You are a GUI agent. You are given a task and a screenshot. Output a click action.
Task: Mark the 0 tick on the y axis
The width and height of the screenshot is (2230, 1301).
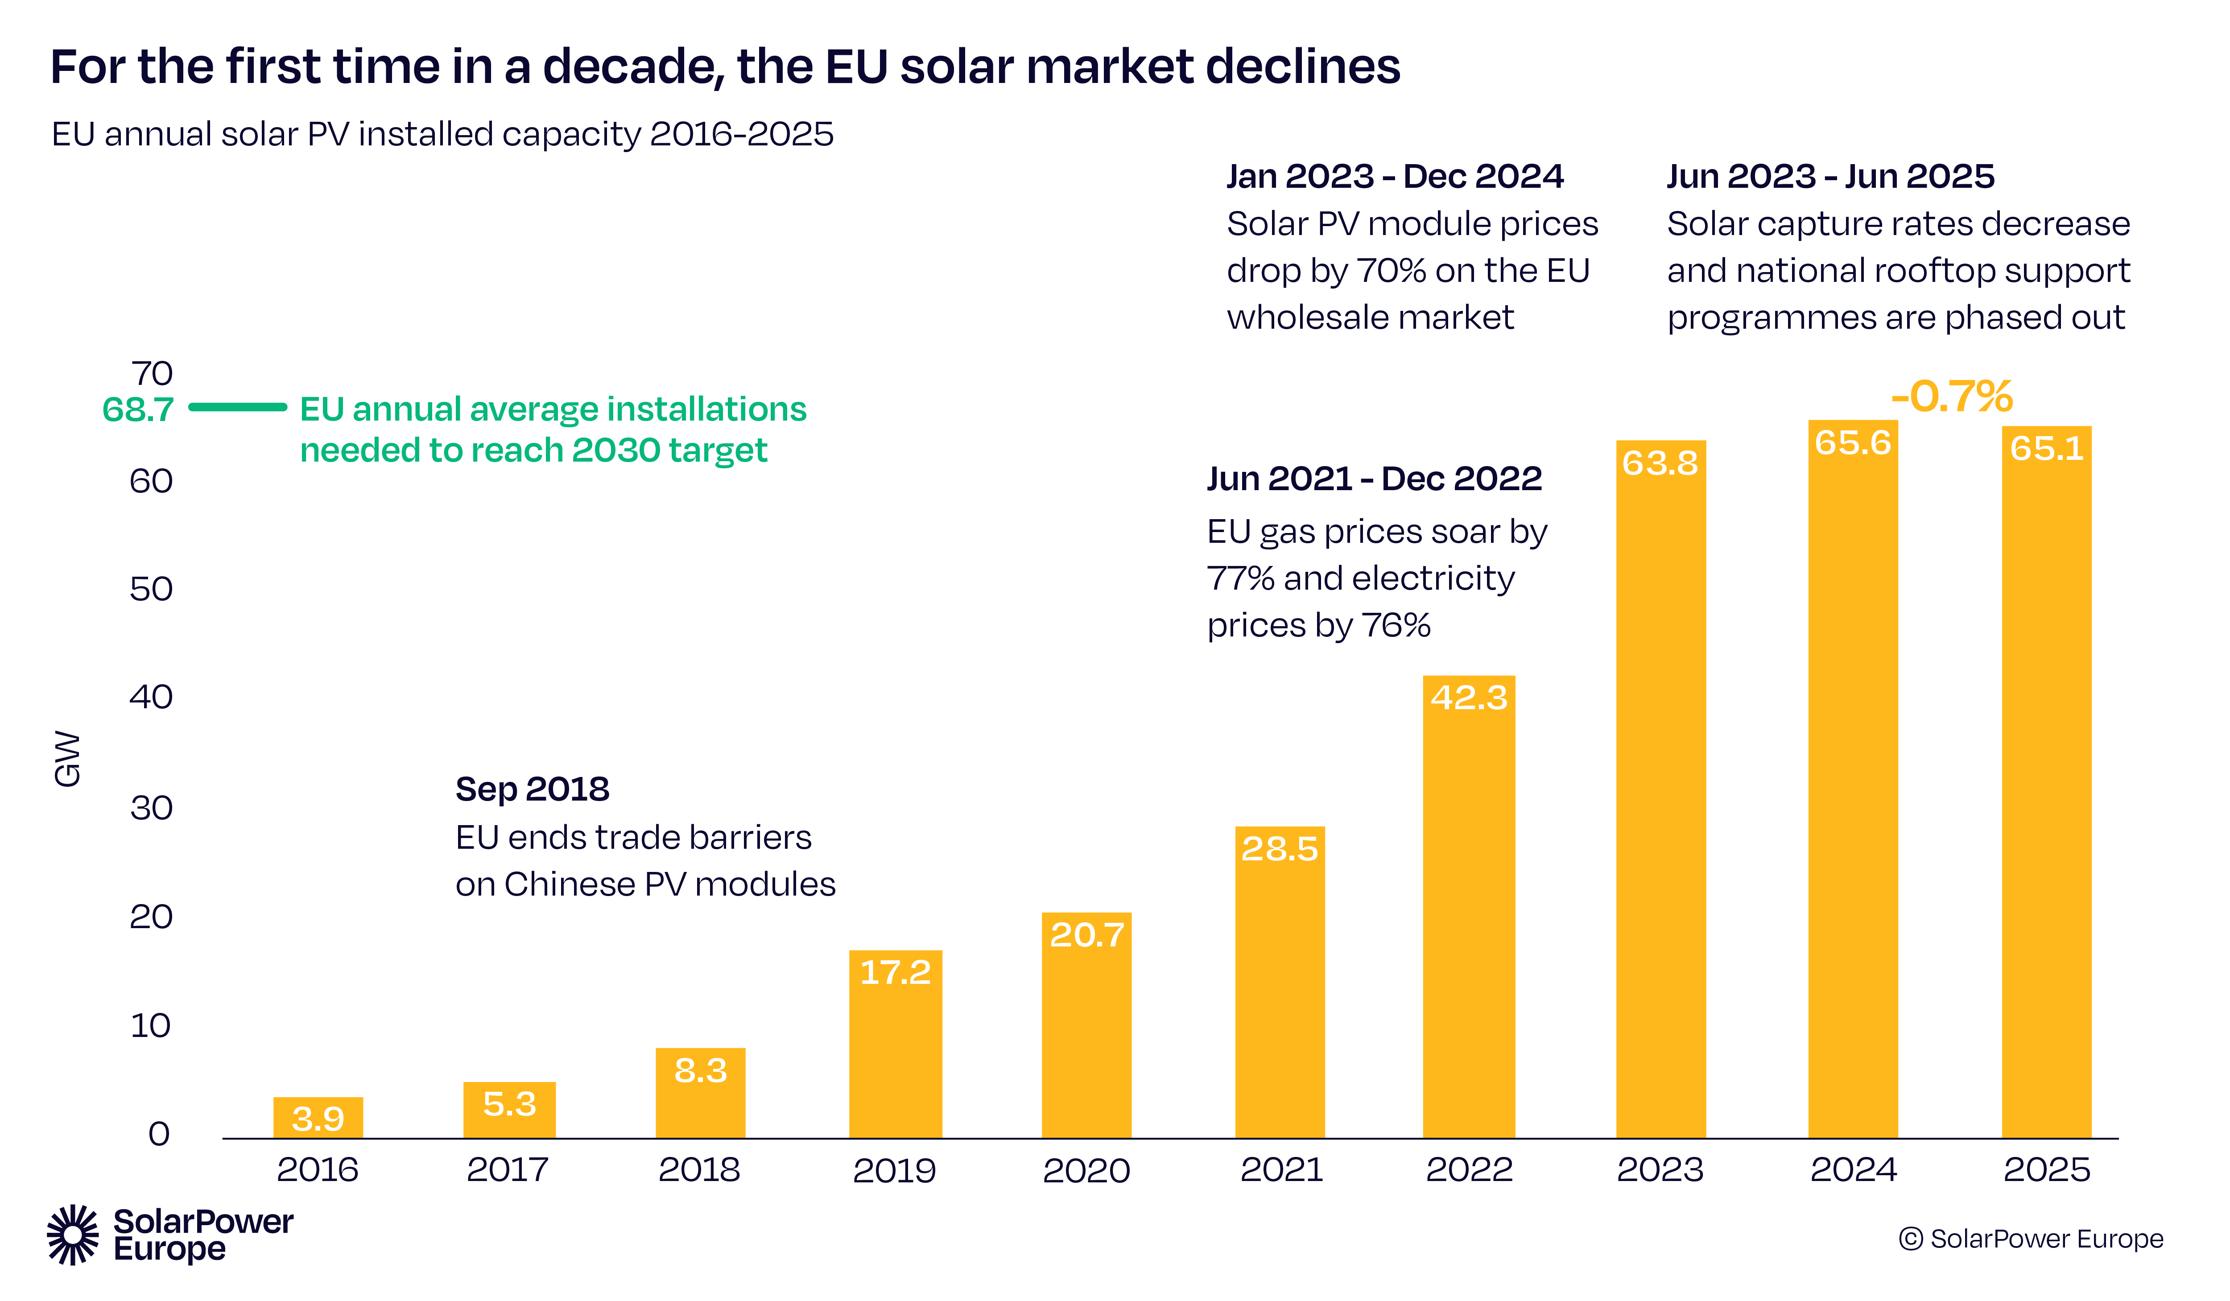click(x=159, y=1134)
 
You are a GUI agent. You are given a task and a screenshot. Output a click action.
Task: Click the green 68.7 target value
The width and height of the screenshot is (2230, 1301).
click(x=138, y=410)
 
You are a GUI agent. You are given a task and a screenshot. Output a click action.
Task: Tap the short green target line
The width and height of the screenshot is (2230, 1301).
click(x=237, y=407)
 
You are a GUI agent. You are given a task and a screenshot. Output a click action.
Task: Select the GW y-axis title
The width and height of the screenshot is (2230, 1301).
click(x=67, y=759)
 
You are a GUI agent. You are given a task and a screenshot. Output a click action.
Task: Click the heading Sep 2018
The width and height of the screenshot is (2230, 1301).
click(x=532, y=789)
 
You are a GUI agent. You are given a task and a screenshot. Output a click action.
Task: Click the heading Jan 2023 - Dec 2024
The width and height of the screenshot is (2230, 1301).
click(x=1395, y=176)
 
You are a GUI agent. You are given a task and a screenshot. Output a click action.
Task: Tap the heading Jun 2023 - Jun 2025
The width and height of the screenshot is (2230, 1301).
click(x=1830, y=176)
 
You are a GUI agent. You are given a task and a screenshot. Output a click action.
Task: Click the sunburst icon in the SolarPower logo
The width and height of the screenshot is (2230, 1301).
click(x=73, y=1235)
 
